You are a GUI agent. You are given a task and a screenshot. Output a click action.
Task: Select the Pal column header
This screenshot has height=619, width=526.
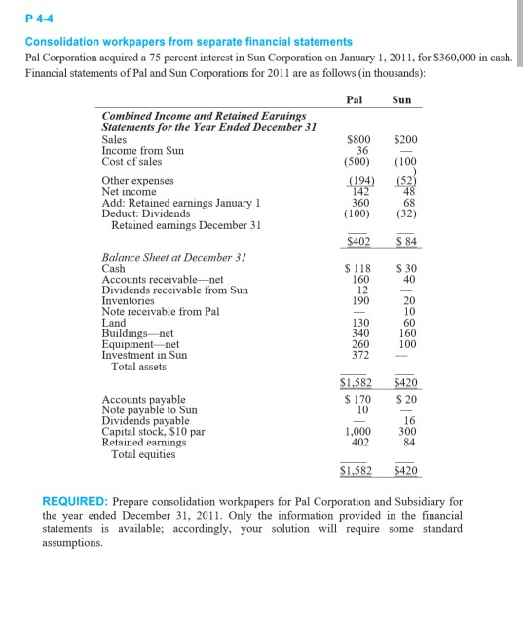coord(355,99)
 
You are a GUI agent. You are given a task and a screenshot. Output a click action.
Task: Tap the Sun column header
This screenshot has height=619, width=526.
coord(401,99)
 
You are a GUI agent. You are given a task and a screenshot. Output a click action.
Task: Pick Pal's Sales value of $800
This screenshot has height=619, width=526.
coord(356,140)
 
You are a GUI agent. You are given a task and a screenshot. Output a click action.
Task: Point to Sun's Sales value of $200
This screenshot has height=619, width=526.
coord(403,140)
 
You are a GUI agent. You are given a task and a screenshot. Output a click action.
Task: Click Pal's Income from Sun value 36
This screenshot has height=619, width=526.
coord(361,150)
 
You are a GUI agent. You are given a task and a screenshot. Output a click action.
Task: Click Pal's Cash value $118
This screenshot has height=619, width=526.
coord(357,268)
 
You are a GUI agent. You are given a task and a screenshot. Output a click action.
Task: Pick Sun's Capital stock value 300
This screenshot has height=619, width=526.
coord(407,431)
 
